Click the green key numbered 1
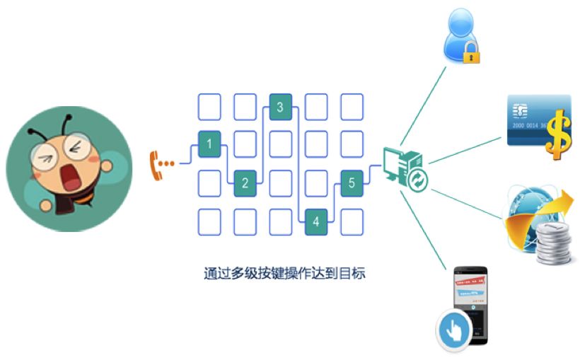coord(209,144)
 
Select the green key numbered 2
coord(245,183)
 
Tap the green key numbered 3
coord(280,108)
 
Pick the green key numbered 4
coord(315,221)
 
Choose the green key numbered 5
coord(352,183)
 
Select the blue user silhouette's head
coord(461,22)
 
